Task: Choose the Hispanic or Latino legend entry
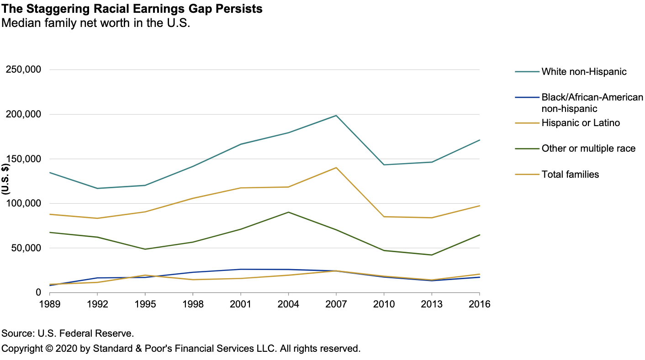(581, 123)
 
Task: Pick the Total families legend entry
(570, 174)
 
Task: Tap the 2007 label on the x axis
(336, 304)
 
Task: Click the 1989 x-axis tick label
(50, 304)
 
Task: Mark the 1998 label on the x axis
(193, 304)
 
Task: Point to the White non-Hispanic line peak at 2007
(336, 116)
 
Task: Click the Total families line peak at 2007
(336, 168)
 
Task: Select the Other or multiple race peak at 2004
(288, 212)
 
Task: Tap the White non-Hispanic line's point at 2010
(384, 164)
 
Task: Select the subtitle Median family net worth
(95, 23)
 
